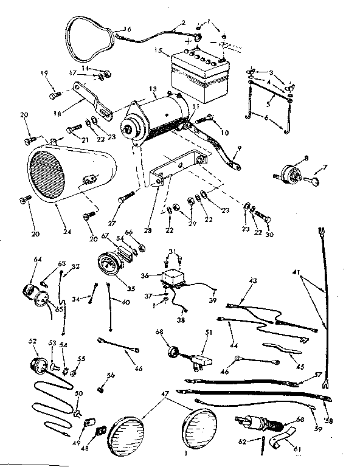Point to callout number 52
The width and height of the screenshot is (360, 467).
pos(33,341)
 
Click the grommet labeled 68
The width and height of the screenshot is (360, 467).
pos(173,352)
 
